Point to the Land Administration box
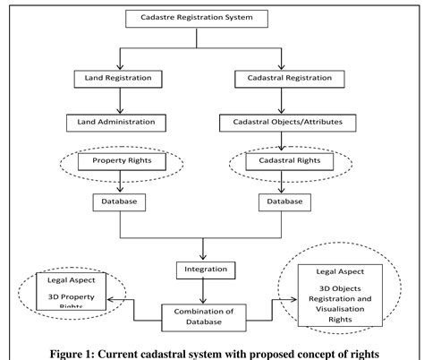click(x=114, y=119)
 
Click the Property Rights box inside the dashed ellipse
click(x=114, y=162)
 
